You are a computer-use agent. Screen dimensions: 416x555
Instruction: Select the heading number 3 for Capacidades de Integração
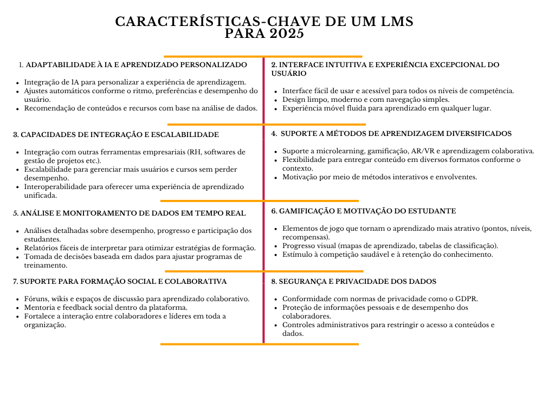tap(16, 134)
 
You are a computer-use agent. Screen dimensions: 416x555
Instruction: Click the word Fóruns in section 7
tap(36, 298)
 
